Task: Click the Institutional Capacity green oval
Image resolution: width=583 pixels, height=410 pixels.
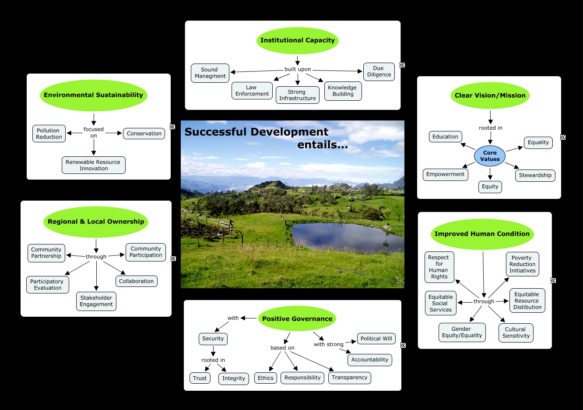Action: pos(298,40)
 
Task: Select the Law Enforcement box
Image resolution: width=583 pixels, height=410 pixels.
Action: pos(252,91)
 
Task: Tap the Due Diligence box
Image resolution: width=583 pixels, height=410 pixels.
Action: pos(379,71)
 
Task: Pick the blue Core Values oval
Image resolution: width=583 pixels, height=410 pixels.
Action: pos(490,156)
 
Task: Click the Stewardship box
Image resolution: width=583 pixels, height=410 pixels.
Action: pos(535,175)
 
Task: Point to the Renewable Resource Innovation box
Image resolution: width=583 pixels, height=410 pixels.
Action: pos(93,165)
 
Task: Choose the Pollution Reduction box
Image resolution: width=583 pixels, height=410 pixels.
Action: pos(49,134)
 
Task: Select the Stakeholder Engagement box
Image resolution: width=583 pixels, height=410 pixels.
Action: pos(96,301)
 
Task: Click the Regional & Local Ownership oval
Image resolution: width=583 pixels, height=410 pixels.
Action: pos(96,222)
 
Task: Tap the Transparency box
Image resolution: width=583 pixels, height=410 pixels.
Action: pos(349,378)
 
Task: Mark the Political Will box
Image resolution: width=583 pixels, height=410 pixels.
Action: pos(376,339)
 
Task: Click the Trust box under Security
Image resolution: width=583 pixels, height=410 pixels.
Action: pos(200,378)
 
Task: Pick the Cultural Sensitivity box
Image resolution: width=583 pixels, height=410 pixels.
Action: pos(516,332)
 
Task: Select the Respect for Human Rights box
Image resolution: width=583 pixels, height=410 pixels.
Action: pos(439,267)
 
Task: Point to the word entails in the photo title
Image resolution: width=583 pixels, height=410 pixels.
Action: pos(323,145)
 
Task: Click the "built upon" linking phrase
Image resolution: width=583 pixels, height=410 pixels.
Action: pos(298,69)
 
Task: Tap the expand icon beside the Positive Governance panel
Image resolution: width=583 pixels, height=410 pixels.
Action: pos(403,345)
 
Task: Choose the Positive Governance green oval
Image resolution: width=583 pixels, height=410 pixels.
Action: pos(297,319)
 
